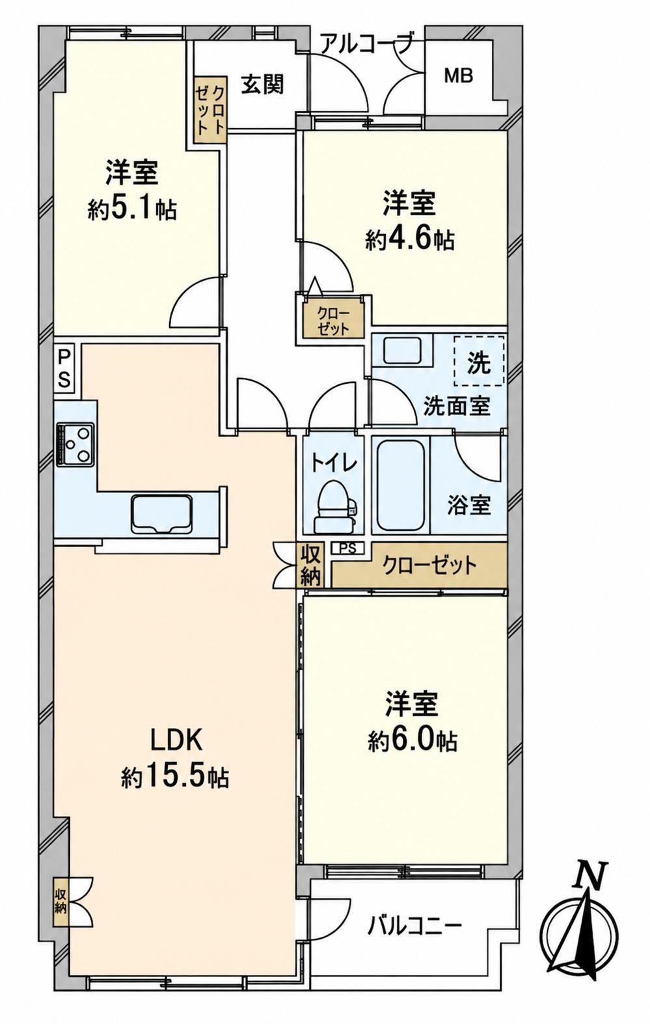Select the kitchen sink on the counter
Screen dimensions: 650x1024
click(x=161, y=513)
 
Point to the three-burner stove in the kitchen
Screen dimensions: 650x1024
click(x=75, y=443)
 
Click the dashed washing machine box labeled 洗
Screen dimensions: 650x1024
click(x=479, y=360)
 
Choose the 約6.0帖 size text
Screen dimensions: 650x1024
click(x=413, y=740)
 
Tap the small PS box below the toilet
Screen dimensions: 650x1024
click(x=347, y=548)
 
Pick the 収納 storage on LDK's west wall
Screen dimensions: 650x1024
click(x=61, y=889)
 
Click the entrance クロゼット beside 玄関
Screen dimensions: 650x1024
click(x=210, y=110)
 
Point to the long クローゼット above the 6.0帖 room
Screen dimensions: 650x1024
click(x=419, y=565)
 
